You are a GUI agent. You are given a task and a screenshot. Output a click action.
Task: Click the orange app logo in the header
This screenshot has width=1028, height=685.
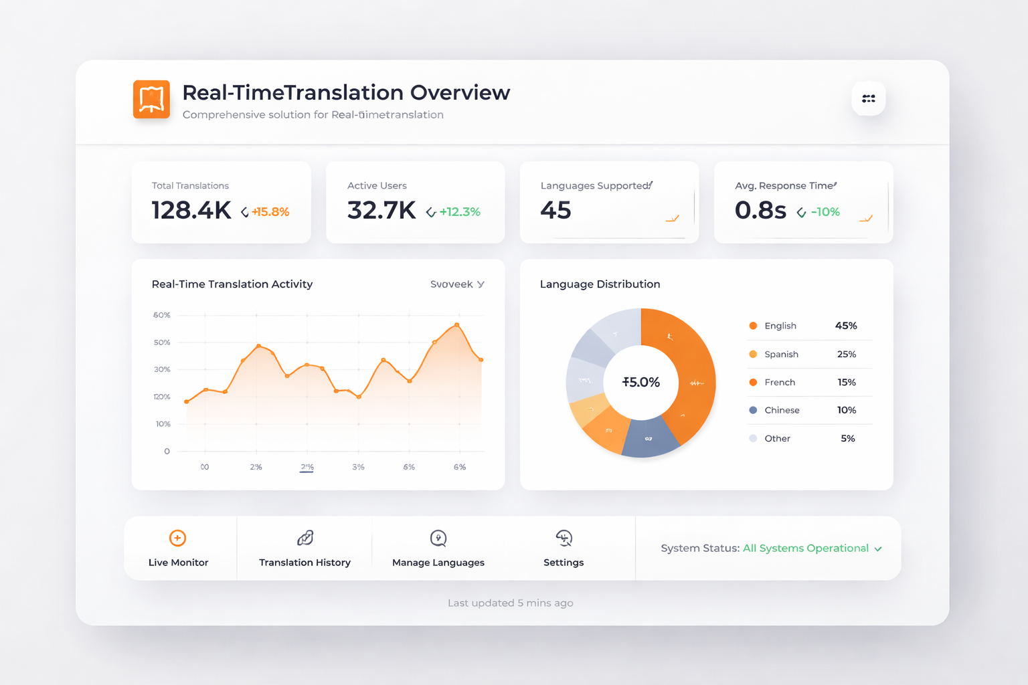tap(151, 99)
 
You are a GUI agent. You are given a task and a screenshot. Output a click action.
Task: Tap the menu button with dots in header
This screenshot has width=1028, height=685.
tap(869, 98)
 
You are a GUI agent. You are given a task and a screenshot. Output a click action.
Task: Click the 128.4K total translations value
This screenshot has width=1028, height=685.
tap(191, 211)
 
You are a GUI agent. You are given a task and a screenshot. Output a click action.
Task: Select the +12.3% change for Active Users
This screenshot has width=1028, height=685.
tap(460, 212)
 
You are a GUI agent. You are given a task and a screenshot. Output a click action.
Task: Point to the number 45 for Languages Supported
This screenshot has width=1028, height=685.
tap(555, 211)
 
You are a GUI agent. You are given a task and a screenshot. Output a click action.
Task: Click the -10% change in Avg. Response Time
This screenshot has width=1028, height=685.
tap(825, 212)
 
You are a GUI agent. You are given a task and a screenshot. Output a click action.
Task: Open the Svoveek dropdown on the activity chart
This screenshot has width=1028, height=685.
tap(457, 284)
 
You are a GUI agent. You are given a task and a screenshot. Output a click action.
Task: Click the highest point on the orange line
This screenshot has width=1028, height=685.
tap(457, 325)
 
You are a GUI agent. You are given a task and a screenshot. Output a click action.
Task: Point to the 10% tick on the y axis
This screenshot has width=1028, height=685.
tap(163, 424)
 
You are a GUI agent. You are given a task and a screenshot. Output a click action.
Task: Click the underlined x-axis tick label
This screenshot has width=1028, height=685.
tap(307, 467)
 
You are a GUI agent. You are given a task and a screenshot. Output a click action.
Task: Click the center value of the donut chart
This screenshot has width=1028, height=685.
tap(641, 383)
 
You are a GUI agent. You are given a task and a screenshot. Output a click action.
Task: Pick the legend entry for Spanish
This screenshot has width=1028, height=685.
tap(781, 355)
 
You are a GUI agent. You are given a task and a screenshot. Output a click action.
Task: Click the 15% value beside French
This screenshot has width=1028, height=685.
tap(847, 383)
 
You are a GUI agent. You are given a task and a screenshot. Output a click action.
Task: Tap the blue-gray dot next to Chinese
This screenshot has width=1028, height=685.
tap(753, 410)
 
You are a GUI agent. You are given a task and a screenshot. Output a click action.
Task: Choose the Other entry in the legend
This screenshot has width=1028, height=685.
tap(777, 439)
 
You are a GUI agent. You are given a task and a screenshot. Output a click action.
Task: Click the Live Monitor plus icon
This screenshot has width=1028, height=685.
tap(177, 538)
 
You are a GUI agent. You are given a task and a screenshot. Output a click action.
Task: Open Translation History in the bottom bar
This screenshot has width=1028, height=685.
tap(305, 549)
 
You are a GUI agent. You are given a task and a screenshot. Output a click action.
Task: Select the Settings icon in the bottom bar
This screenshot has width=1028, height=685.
tap(564, 538)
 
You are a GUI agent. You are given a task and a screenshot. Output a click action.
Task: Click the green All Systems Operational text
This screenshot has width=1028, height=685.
tap(805, 549)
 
